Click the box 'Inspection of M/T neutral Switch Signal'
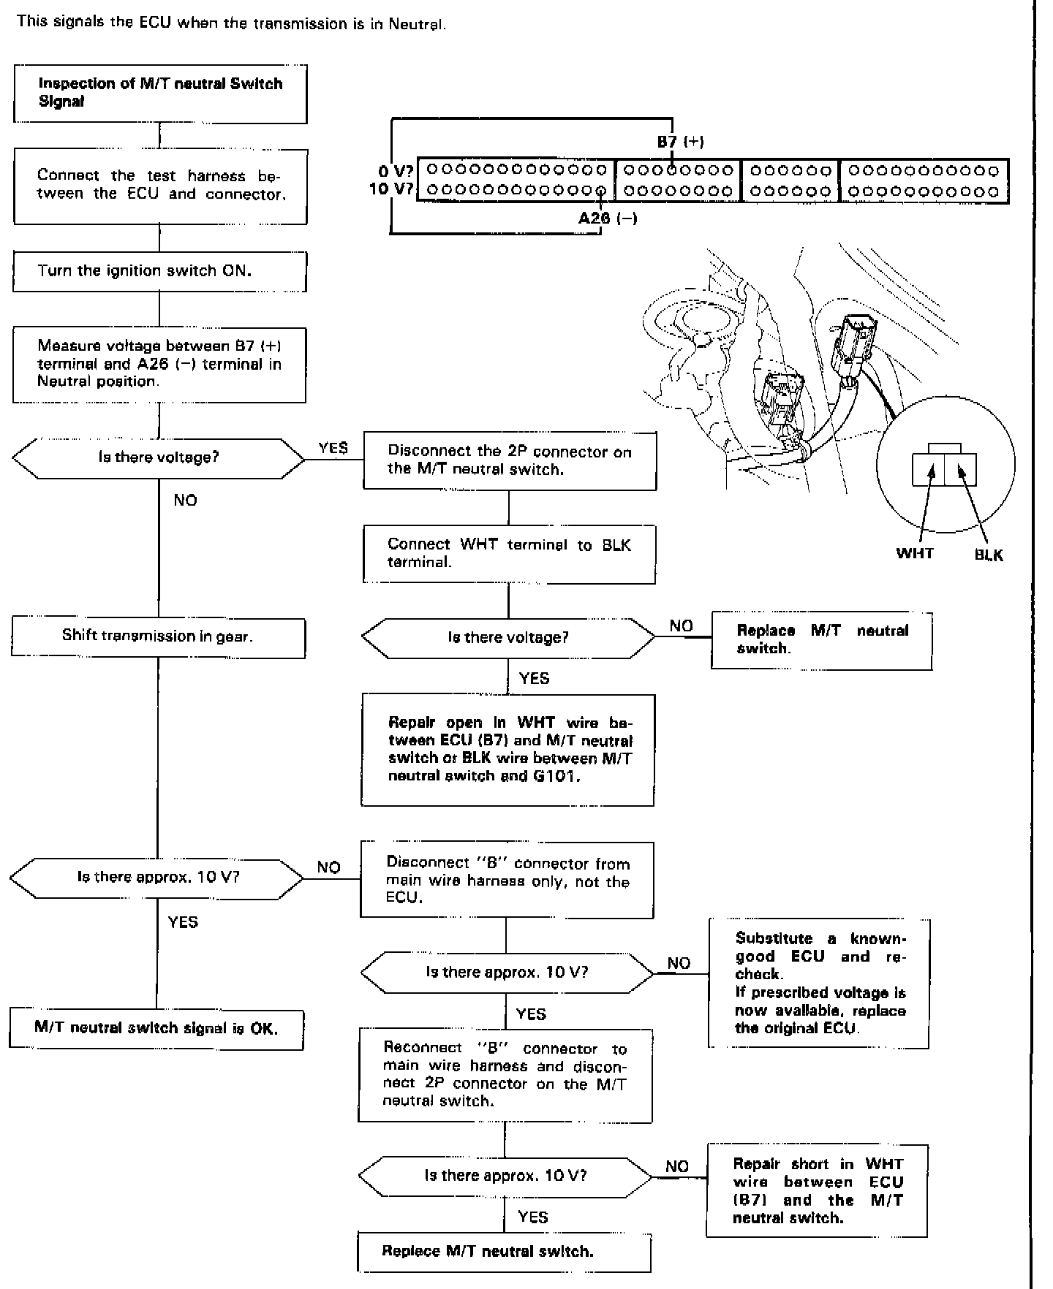pos(160,94)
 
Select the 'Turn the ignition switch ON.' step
pos(159,271)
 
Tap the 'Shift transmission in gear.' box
pos(158,636)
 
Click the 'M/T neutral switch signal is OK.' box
pos(156,1028)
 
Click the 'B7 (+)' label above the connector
pos(680,142)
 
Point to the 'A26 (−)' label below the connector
pos(608,218)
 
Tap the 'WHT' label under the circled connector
pos(915,553)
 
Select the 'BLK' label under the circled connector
pos(989,555)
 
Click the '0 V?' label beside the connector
pos(396,171)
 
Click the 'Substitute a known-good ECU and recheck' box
pos(819,984)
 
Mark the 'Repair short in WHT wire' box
pos(817,1191)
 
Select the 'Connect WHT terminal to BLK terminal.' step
pos(509,553)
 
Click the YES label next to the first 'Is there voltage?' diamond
pos(333,448)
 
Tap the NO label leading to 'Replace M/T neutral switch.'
pos(681,626)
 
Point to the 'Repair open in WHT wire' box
pos(508,750)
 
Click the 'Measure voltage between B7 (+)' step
pos(159,364)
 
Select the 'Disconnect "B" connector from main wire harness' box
pos(507,880)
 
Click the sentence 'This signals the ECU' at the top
pos(230,23)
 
